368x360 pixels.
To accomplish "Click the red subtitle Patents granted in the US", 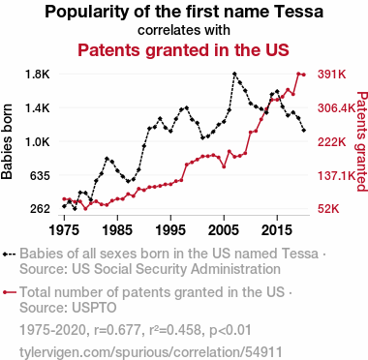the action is tap(183, 50).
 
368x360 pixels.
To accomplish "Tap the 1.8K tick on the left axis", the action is tap(38, 75).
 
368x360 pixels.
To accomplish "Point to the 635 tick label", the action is tap(41, 176).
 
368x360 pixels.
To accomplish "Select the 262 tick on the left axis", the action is tap(41, 209).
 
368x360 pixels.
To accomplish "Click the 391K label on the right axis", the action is tap(332, 75).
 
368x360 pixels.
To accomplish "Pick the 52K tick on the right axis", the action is tap(328, 209).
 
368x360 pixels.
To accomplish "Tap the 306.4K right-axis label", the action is tap(337, 108).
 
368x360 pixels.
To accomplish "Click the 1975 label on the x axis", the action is tap(64, 230).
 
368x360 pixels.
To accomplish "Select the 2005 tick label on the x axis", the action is tap(224, 230).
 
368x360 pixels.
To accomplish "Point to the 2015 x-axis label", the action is tap(277, 230).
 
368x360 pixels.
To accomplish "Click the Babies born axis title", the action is tap(7, 141).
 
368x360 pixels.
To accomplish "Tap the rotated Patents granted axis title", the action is tap(362, 141).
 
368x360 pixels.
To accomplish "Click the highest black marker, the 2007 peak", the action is tap(234, 74).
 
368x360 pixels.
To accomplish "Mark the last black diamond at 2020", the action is tap(304, 130).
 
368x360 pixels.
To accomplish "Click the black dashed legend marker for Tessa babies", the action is tap(9, 255).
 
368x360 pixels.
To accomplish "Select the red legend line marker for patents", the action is tap(9, 292).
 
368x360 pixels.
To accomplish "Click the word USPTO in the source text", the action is tap(94, 308).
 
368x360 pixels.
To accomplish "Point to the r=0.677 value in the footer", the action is tap(115, 330).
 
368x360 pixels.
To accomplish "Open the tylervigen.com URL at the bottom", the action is tap(151, 352).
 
